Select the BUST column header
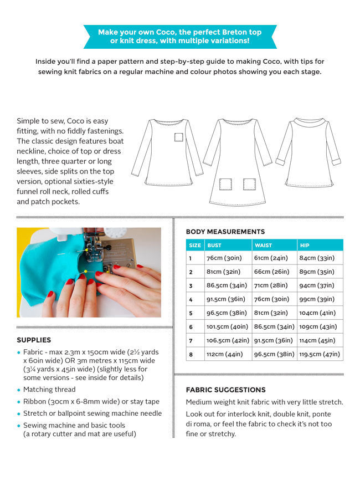(214, 245)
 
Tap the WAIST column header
(263, 245)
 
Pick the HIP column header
(305, 245)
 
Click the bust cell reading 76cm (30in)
(224, 258)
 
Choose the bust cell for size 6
(227, 326)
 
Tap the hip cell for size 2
(317, 272)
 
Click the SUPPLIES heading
(34, 340)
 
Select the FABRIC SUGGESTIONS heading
(225, 390)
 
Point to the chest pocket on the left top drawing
(178, 137)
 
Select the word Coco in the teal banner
(156, 32)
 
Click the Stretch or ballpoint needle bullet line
(92, 413)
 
